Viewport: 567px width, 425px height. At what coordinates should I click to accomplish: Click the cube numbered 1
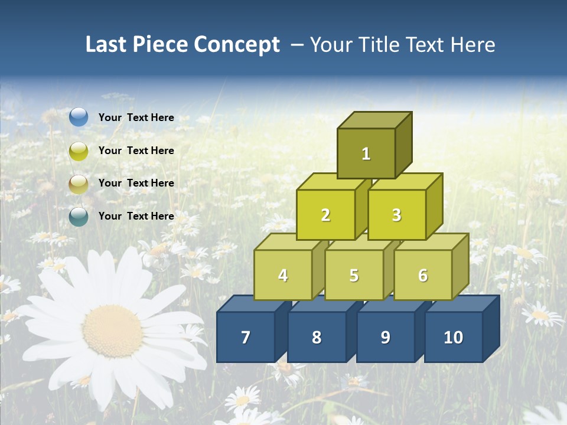coord(366,153)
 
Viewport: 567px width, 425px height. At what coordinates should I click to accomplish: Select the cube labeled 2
coord(325,215)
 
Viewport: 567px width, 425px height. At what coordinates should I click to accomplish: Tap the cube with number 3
coord(396,215)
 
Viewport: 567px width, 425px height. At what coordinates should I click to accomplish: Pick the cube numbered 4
coord(283,275)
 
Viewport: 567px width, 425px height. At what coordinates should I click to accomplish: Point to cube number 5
coord(354,275)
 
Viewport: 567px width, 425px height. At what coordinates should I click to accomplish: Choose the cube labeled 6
coord(422,275)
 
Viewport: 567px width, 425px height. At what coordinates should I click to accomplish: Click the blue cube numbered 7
coord(246,337)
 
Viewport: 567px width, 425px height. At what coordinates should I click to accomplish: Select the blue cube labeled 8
coord(317,337)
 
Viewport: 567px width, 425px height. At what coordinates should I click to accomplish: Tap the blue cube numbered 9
coord(385,337)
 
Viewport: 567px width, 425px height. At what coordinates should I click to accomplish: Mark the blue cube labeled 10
coord(453,337)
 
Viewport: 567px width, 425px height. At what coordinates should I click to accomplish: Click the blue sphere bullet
coord(79,117)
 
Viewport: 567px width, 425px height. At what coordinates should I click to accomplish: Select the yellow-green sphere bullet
coord(79,151)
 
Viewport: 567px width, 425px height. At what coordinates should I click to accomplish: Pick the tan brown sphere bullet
coord(79,184)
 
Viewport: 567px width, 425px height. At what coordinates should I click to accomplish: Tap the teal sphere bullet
coord(79,217)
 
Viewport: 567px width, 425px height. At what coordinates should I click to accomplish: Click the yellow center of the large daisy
coord(112,331)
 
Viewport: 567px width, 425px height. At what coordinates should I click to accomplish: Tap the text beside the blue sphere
coord(136,117)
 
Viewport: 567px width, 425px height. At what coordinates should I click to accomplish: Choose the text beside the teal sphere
coord(136,216)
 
